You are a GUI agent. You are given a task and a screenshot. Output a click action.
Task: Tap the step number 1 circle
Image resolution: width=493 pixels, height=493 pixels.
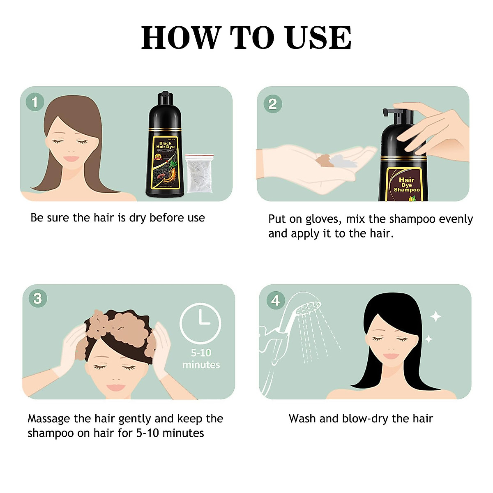click(35, 102)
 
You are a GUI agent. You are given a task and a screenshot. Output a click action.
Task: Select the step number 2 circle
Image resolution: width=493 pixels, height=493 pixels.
click(273, 104)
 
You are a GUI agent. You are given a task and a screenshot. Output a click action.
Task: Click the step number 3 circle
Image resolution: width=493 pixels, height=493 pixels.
click(38, 298)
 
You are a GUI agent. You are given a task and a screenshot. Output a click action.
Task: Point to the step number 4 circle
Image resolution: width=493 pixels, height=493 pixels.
click(275, 300)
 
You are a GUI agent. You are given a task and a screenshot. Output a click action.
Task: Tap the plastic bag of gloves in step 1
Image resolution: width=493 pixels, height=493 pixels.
click(199, 173)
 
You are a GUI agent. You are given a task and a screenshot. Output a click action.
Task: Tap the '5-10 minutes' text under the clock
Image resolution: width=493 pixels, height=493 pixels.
click(201, 359)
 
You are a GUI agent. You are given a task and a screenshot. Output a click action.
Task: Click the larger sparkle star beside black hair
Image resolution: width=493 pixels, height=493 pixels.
click(435, 317)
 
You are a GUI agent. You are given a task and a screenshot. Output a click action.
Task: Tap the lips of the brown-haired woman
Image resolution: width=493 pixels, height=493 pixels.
click(71, 159)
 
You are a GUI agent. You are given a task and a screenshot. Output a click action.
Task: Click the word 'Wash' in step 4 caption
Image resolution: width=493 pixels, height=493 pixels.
click(302, 419)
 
